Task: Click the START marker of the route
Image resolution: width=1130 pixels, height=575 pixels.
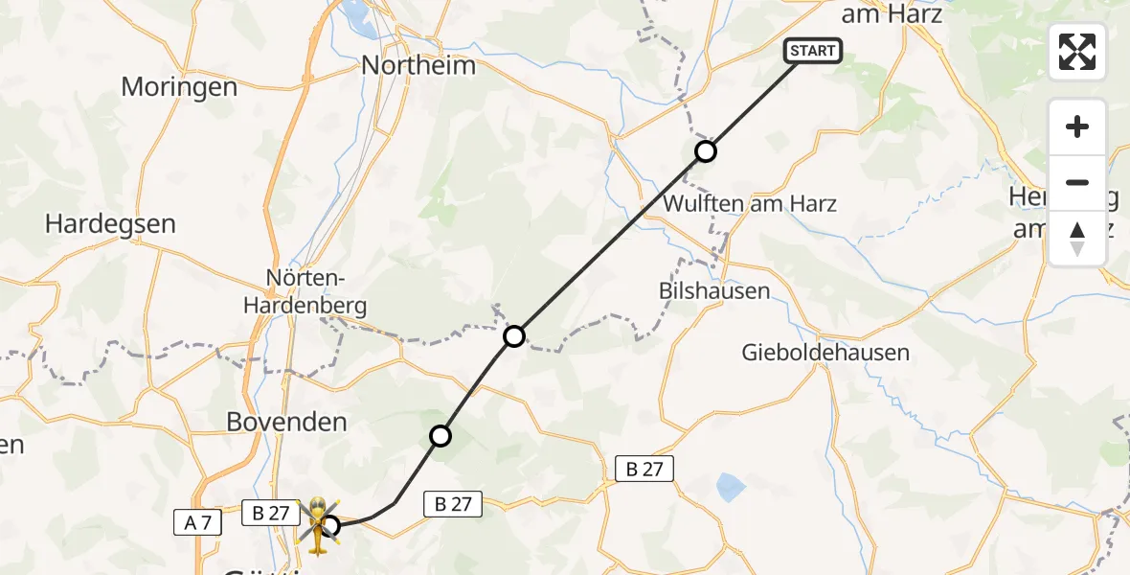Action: pos(813,51)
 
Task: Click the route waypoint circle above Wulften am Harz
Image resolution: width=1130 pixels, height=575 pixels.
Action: pos(705,151)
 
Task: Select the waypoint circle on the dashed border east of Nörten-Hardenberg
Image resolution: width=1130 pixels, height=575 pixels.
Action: pos(514,336)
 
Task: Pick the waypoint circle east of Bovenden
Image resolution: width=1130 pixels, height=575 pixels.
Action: pos(441,437)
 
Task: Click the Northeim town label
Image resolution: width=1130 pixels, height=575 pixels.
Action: pos(418,66)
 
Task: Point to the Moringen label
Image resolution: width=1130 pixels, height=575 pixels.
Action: pos(179,87)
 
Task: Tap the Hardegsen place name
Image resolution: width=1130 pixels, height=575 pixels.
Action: pos(111,224)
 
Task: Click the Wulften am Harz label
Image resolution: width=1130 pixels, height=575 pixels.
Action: pos(750,203)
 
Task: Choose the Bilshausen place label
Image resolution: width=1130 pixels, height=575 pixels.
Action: pos(714,291)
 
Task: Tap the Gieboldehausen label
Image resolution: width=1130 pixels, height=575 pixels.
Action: pos(825,353)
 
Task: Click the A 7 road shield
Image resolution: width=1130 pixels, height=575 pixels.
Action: pos(198,522)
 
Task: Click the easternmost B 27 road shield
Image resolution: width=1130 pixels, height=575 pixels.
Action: pos(644,469)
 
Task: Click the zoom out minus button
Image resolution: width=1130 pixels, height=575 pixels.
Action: pos(1077,182)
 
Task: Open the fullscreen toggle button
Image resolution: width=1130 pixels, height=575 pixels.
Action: pos(1077,52)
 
